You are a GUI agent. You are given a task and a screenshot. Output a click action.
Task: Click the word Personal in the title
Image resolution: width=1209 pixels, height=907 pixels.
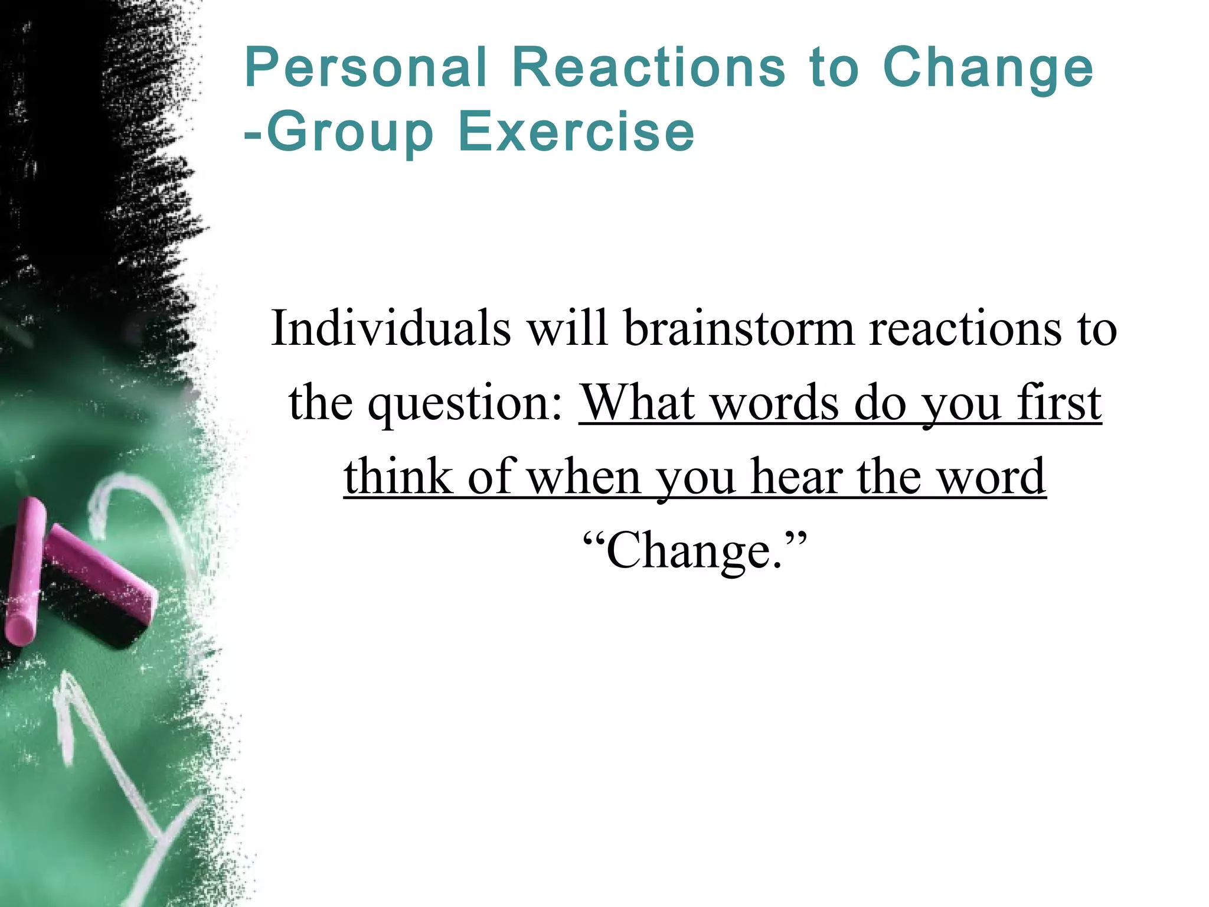[x=366, y=68]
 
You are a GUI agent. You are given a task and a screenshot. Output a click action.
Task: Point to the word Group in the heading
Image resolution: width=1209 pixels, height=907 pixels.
[x=351, y=133]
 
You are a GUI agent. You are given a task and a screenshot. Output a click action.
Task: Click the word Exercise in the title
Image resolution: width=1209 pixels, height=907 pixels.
[x=576, y=131]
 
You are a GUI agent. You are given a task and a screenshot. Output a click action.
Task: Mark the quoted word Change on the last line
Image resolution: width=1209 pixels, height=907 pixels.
[x=694, y=550]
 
